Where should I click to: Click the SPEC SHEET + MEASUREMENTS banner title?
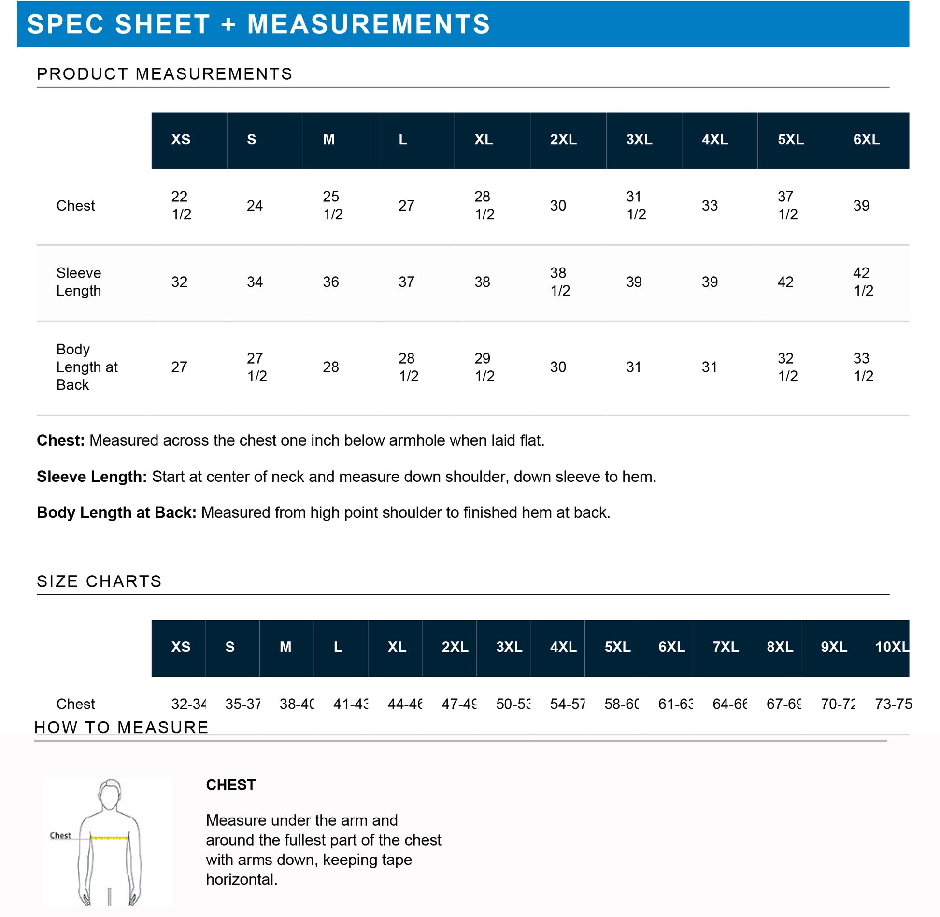pos(258,24)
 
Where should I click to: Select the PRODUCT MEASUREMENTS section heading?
pos(164,74)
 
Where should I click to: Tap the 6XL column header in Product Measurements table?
pos(866,140)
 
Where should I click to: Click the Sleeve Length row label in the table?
pos(79,282)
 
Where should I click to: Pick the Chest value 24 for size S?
pos(255,206)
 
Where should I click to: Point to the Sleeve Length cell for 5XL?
pos(785,282)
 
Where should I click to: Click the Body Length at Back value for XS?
pos(179,367)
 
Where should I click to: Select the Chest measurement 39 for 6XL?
pos(861,206)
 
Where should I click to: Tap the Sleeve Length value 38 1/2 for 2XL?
pos(560,282)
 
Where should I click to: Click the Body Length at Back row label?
pos(86,367)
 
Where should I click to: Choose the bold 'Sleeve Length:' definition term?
pos(92,477)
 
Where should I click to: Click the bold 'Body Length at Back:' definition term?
pos(116,512)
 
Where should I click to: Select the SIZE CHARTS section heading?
pos(99,581)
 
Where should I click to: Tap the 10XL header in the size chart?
pos(892,647)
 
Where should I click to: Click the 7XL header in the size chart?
pos(726,647)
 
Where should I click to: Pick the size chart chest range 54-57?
pos(568,704)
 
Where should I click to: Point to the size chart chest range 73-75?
pos(893,704)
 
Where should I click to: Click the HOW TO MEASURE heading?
pos(121,727)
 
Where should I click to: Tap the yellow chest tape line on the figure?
pos(110,838)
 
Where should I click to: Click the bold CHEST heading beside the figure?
pos(231,785)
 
